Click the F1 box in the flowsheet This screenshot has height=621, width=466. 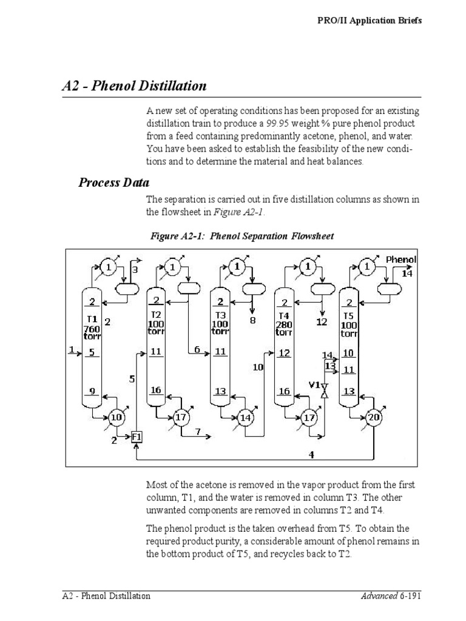pos(137,436)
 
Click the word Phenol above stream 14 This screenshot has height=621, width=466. pos(402,260)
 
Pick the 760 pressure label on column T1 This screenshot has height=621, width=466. pos(91,329)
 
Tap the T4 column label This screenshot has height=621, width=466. pos(284,316)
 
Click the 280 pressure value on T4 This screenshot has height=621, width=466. pos(284,324)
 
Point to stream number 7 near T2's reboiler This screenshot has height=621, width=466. pos(198,431)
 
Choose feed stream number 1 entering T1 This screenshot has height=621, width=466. pos(72,349)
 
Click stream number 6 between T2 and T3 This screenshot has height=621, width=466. pos(197,349)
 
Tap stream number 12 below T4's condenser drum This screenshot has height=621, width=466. pos(322,322)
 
